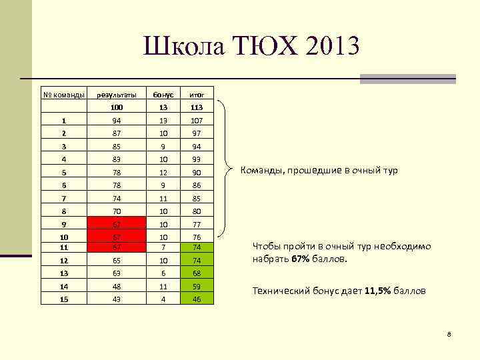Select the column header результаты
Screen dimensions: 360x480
click(x=117, y=95)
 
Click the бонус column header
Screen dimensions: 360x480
click(x=164, y=95)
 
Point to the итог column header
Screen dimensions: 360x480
click(x=197, y=95)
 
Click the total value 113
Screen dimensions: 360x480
click(x=197, y=107)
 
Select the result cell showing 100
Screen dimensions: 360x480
click(x=117, y=107)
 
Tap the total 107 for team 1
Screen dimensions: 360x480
click(x=197, y=121)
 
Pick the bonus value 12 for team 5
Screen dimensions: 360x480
click(x=164, y=172)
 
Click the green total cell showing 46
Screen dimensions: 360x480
click(x=197, y=300)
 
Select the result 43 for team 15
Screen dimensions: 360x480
click(x=117, y=300)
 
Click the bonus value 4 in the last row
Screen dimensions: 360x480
click(x=164, y=300)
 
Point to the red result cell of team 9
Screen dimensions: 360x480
click(x=117, y=223)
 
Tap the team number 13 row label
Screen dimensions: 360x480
click(x=64, y=272)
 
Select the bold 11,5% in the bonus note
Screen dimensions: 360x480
click(x=379, y=291)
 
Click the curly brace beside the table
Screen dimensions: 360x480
click(x=229, y=169)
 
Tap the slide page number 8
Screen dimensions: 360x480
click(x=449, y=333)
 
